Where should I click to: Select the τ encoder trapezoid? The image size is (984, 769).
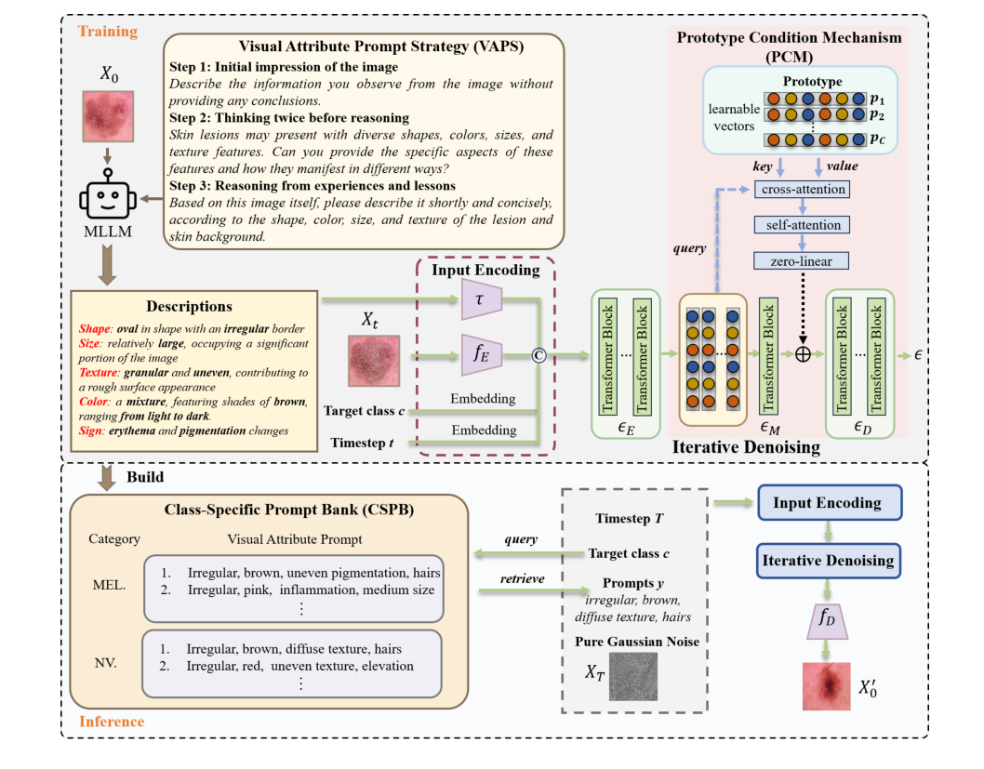[481, 298]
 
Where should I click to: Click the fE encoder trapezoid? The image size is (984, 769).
[481, 353]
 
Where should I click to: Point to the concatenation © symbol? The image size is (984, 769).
[537, 353]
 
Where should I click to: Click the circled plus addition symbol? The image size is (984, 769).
[804, 354]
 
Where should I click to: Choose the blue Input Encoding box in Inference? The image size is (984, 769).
[827, 503]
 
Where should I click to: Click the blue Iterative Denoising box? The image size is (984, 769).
[827, 560]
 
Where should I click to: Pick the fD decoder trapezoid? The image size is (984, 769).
[827, 621]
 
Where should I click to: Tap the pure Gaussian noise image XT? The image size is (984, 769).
[626, 676]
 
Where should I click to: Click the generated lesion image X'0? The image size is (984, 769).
[827, 687]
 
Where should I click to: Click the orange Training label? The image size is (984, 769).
[107, 32]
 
